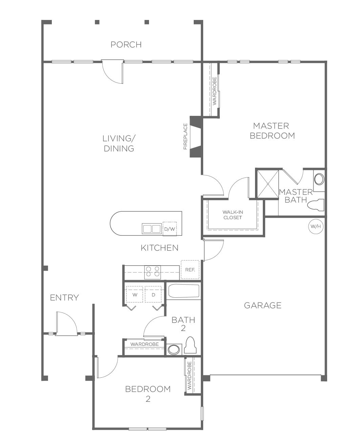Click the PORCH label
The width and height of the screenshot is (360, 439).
[x=126, y=45]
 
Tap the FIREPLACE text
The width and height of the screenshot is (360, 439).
[x=185, y=137]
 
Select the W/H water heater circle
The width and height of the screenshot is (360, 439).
[x=316, y=226]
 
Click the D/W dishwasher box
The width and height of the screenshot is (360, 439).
[x=170, y=229]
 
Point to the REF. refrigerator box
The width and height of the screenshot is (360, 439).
[x=190, y=270]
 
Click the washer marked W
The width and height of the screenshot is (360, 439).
[x=135, y=294]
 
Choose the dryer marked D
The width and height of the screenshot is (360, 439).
[x=153, y=294]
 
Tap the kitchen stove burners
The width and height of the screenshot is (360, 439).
[x=152, y=272]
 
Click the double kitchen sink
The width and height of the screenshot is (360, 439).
[x=152, y=229]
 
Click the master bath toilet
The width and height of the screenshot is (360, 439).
[x=316, y=205]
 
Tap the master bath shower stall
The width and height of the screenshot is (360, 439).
[x=268, y=184]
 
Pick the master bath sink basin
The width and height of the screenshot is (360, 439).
[x=319, y=179]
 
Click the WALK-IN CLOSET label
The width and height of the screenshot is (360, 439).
[x=233, y=215]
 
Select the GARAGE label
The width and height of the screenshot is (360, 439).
[x=262, y=306]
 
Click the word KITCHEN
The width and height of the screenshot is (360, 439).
[x=160, y=248]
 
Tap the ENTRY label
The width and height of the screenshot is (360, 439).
[x=64, y=298]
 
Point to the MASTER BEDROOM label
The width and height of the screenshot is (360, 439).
[x=272, y=131]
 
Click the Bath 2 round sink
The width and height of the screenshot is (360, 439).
[x=174, y=350]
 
